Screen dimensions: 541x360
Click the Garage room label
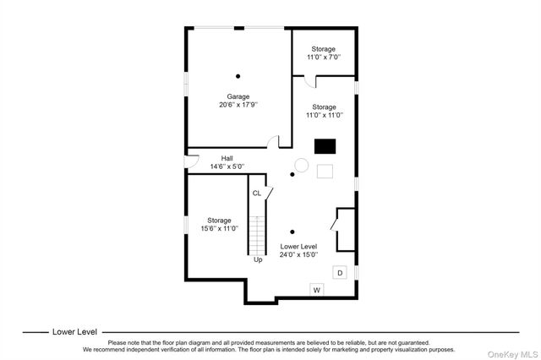[x=238, y=96]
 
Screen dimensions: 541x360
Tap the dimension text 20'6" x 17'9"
[x=238, y=105]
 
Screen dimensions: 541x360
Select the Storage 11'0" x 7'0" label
[x=324, y=53]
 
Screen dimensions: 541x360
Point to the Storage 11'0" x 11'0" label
[x=325, y=111]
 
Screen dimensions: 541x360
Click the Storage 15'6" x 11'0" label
[x=220, y=224]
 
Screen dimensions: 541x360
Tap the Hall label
[x=227, y=158]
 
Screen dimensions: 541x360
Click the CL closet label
[x=257, y=194]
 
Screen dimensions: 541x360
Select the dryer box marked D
[x=340, y=273]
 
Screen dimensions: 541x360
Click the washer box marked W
[x=317, y=290]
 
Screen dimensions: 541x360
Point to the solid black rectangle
[x=325, y=146]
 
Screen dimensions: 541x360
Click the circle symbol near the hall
[x=301, y=165]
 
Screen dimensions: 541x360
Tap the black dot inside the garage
[x=238, y=76]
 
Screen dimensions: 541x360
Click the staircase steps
[x=257, y=236]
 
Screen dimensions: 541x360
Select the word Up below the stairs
[x=258, y=259]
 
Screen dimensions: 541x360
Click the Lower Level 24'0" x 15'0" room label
[x=298, y=251]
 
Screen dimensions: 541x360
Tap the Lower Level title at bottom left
[x=75, y=332]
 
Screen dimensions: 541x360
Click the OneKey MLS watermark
[x=512, y=354]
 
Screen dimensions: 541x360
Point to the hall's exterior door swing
[x=192, y=161]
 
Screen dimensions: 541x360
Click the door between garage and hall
[x=273, y=141]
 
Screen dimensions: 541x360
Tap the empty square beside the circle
[x=325, y=172]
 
